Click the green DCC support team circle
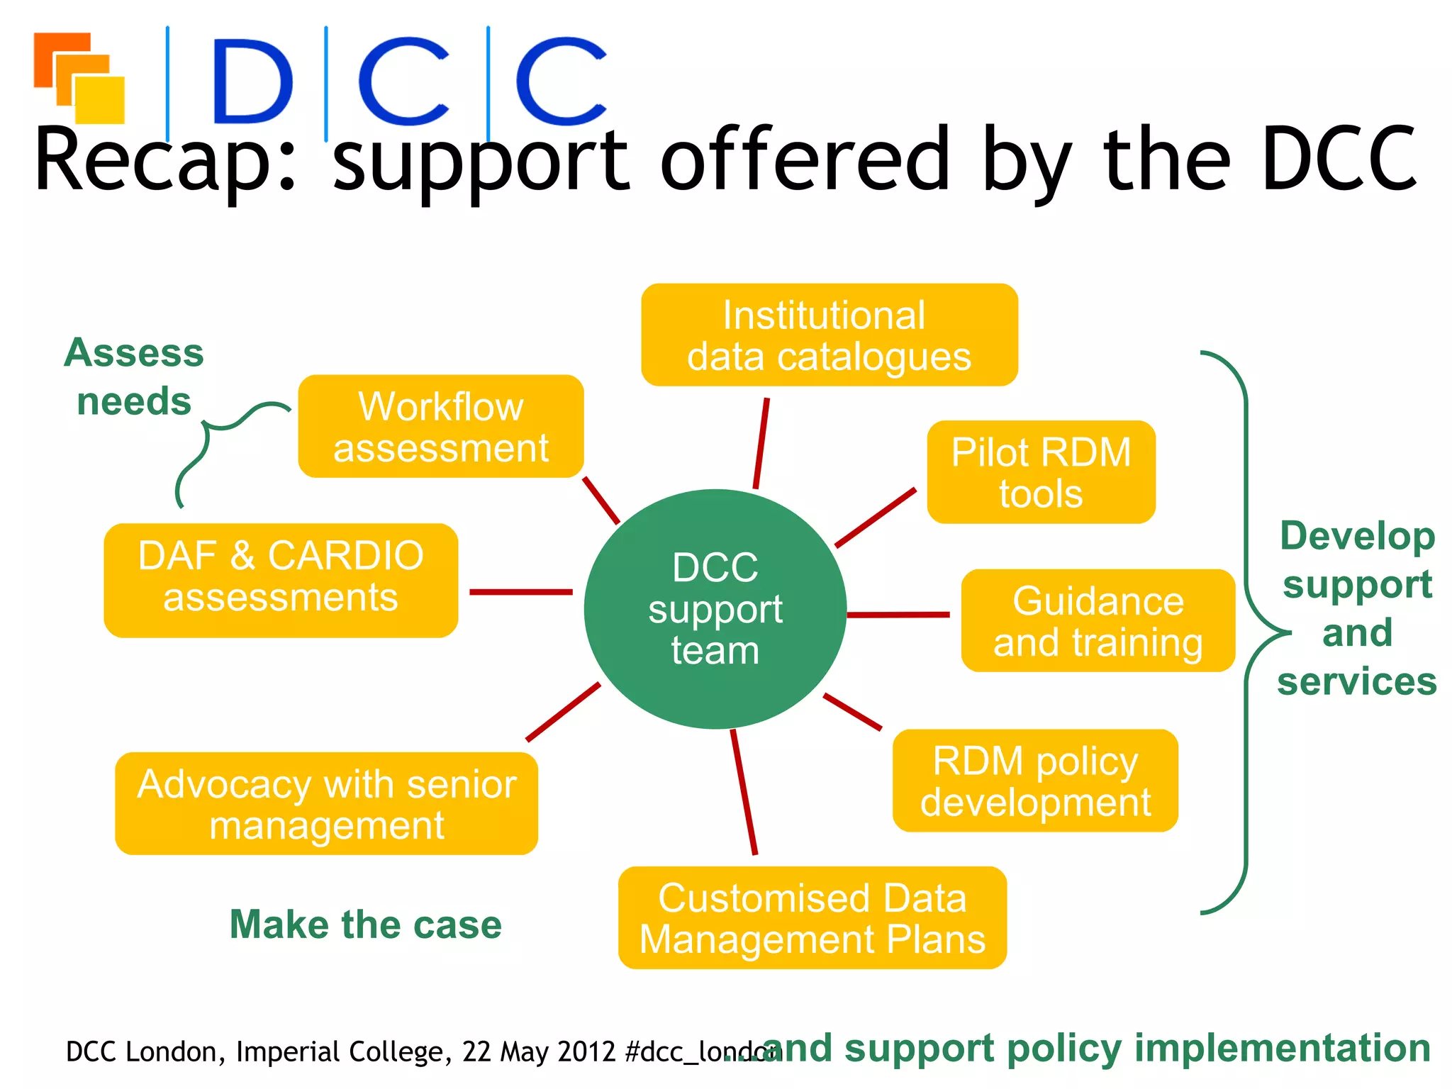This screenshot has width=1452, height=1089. click(x=715, y=608)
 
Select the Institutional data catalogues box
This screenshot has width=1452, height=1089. click(x=829, y=335)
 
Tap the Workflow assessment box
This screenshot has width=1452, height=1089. click(x=440, y=427)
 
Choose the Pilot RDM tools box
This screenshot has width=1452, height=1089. click(x=1041, y=472)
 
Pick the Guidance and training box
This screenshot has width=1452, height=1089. click(x=1098, y=621)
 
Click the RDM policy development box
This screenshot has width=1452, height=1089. click(x=1035, y=781)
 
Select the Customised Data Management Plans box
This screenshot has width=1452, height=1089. click(x=812, y=918)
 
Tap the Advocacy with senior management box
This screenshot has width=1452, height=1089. click(x=326, y=804)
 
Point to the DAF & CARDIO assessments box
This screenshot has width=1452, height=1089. click(x=281, y=581)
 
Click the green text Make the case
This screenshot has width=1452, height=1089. click(x=365, y=925)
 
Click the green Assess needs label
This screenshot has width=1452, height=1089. click(x=134, y=376)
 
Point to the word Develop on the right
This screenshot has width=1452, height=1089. click(x=1357, y=536)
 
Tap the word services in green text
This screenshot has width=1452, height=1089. click(x=1357, y=682)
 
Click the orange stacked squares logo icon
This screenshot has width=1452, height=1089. click(x=79, y=77)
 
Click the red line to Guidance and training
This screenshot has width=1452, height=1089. click(x=898, y=615)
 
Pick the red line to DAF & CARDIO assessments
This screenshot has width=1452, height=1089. click(x=520, y=591)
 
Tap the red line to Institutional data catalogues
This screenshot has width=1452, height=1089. click(x=761, y=443)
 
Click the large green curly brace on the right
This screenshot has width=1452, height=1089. click(x=1246, y=631)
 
